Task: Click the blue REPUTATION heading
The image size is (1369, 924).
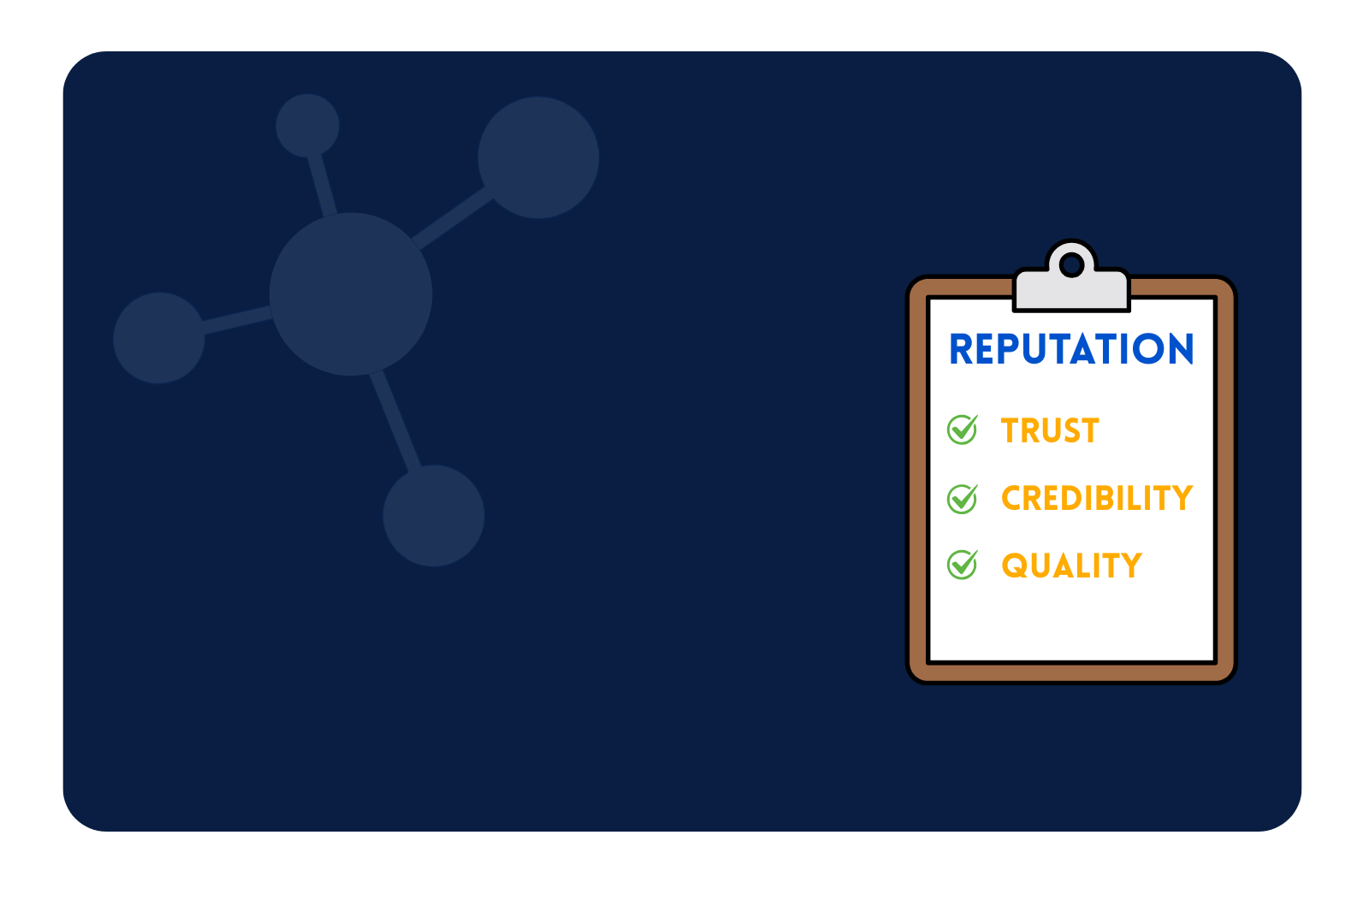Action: pyautogui.click(x=1070, y=349)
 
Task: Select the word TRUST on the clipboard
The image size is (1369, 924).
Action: pyautogui.click(x=1050, y=430)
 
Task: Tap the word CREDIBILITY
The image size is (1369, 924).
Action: pyautogui.click(x=1097, y=498)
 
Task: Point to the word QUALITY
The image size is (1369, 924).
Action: pyautogui.click(x=1072, y=566)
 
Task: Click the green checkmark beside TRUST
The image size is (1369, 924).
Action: pyautogui.click(x=963, y=429)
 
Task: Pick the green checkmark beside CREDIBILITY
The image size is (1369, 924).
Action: pyautogui.click(x=963, y=499)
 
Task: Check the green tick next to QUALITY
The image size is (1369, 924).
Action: pyautogui.click(x=963, y=564)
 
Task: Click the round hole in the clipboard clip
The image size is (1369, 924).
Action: pyautogui.click(x=1071, y=265)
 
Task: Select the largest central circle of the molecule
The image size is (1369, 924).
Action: pyautogui.click(x=351, y=294)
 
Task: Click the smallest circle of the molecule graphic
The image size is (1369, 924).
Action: pyautogui.click(x=307, y=125)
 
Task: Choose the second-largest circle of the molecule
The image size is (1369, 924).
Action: pyautogui.click(x=538, y=157)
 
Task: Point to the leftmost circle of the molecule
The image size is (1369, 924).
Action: pyautogui.click(x=159, y=338)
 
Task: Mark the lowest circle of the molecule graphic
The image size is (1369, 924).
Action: pyautogui.click(x=434, y=516)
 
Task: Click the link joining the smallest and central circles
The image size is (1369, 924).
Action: pyautogui.click(x=322, y=186)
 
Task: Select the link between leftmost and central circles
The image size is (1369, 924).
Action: pyautogui.click(x=237, y=320)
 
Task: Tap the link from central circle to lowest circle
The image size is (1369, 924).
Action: pyautogui.click(x=395, y=421)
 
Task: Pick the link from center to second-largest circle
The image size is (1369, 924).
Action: pyautogui.click(x=453, y=218)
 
